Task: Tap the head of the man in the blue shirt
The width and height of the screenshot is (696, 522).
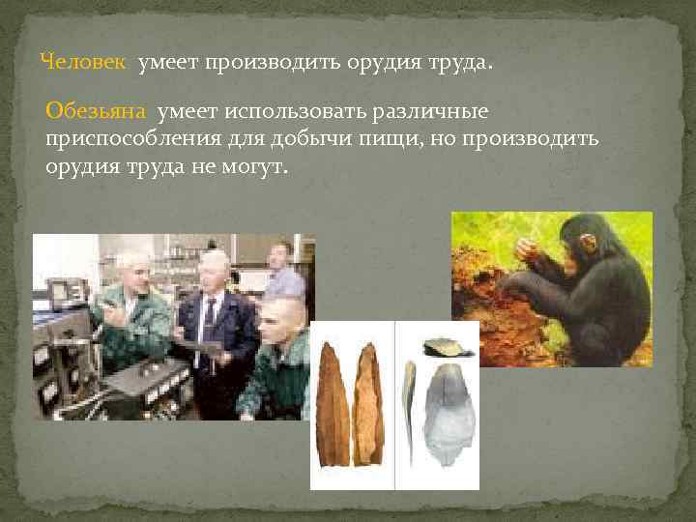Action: pyautogui.click(x=279, y=256)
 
